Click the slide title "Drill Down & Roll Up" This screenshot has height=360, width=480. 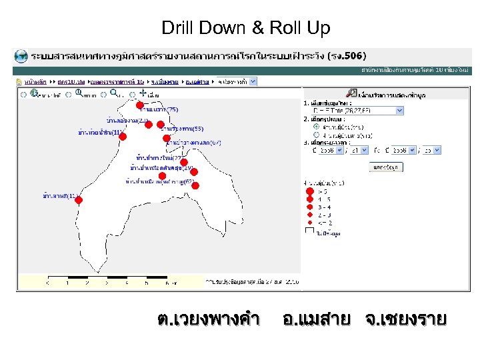tap(246, 29)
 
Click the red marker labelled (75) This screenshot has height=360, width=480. tap(139, 105)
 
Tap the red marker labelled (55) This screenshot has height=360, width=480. tap(161, 124)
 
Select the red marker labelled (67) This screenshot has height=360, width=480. tap(167, 139)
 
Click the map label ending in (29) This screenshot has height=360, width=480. tap(161, 169)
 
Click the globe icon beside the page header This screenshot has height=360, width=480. tap(22, 56)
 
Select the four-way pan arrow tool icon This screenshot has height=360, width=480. tap(143, 93)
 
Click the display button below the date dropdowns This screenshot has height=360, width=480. tap(385, 167)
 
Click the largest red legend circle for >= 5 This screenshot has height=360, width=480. tap(309, 192)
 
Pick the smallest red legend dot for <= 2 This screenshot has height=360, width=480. tap(309, 223)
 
